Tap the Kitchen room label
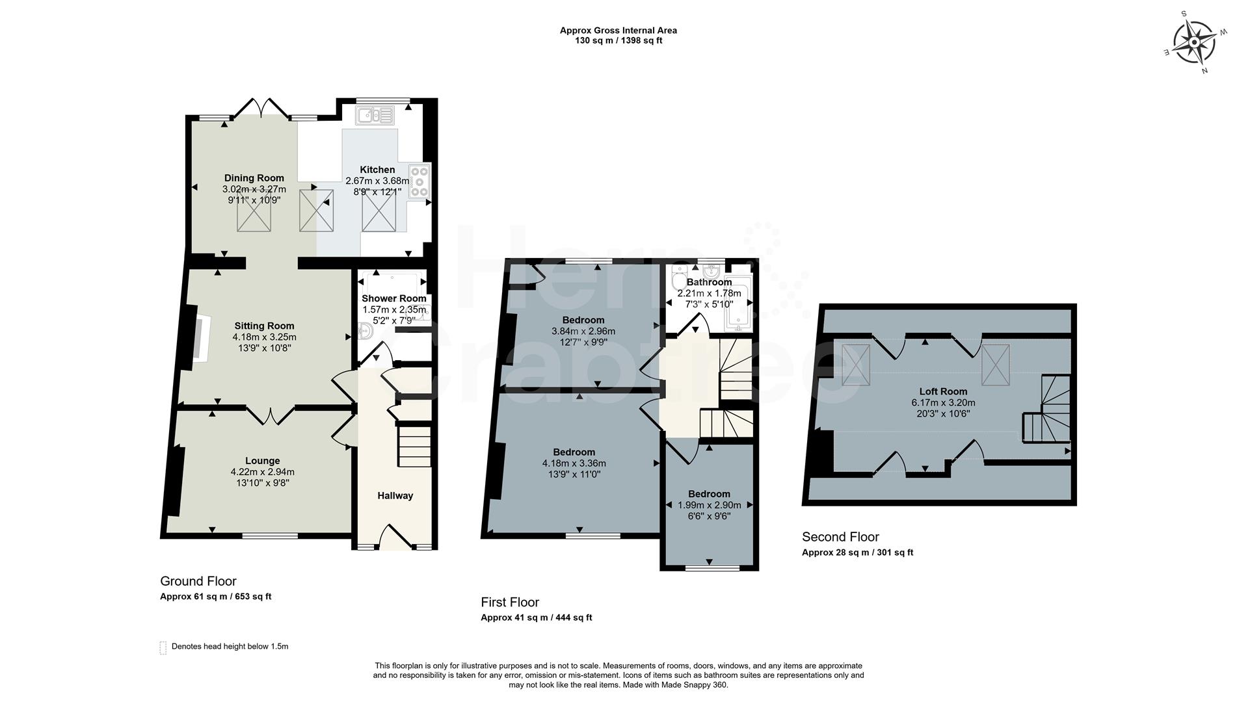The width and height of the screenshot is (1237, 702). (x=377, y=170)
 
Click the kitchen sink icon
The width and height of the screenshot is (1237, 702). (x=375, y=116)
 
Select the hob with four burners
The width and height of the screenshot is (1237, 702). (x=419, y=181)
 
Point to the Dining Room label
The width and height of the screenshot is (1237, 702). (x=254, y=178)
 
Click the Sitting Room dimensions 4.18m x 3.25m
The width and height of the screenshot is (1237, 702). (x=264, y=337)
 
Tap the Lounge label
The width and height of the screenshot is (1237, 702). (x=262, y=461)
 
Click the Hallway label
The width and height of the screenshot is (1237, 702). (x=395, y=496)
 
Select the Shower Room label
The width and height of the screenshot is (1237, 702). (x=393, y=298)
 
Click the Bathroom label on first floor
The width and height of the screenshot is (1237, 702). (x=709, y=282)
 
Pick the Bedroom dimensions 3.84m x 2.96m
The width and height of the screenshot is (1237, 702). (x=583, y=331)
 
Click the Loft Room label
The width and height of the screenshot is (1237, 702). (x=943, y=391)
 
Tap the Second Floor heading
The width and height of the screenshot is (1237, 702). (x=840, y=537)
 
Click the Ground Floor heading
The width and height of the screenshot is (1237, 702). (x=198, y=581)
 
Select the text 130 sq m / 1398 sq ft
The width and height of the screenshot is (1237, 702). (x=618, y=41)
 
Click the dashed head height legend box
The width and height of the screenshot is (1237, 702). (x=163, y=647)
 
